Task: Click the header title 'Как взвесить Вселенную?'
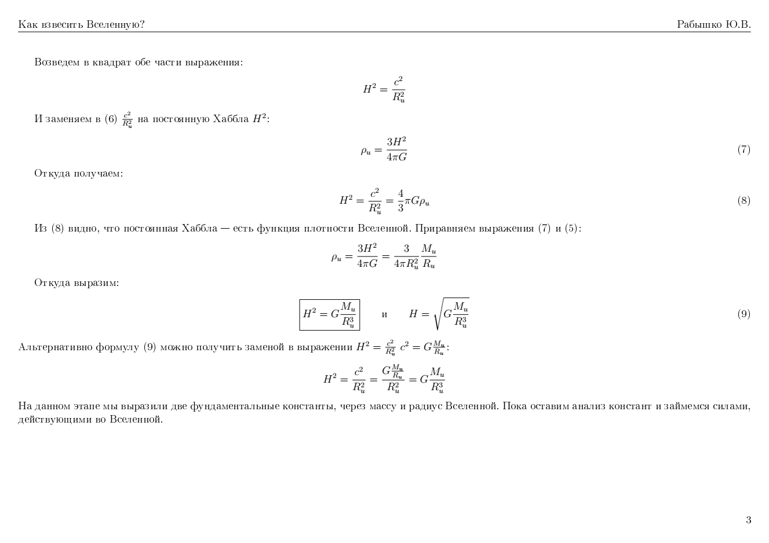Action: coord(81,24)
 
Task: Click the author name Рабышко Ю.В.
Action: coord(713,24)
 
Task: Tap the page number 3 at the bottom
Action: coord(748,520)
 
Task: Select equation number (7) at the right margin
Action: coord(744,150)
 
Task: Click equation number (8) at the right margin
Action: coord(744,201)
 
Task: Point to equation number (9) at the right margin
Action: coord(744,314)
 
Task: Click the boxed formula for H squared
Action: coord(329,314)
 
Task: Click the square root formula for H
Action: coord(439,314)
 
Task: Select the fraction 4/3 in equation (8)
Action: coord(400,200)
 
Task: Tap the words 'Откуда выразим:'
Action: coord(76,283)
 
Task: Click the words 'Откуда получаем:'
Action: coord(78,173)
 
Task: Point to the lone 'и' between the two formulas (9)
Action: coord(384,314)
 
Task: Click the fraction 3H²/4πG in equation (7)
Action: coord(396,149)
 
